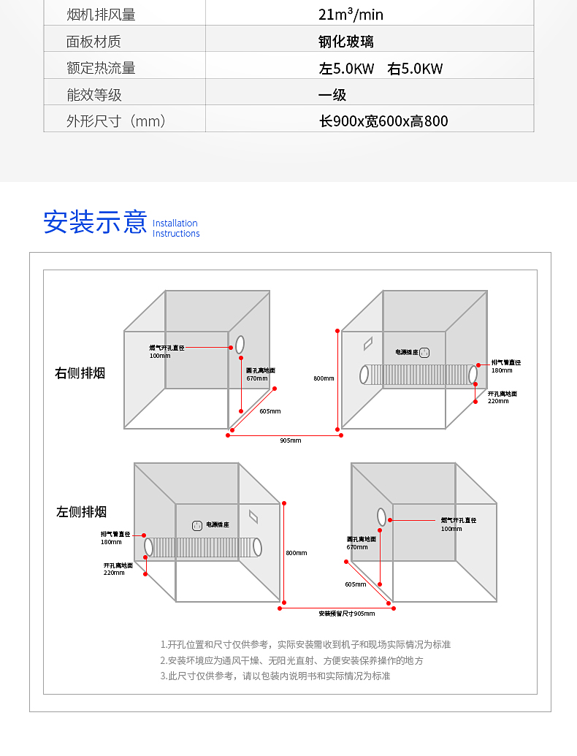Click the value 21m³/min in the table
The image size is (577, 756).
coord(351,15)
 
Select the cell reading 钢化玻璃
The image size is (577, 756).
coord(346,42)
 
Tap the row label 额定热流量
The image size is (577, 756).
coord(101,69)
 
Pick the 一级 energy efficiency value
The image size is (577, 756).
coord(332,95)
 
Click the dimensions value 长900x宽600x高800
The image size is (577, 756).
coord(383,121)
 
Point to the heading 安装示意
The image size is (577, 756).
coord(95,221)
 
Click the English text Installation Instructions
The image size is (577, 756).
coord(176,229)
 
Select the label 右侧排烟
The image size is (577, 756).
coord(80,373)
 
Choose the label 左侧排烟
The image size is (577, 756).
coord(82,511)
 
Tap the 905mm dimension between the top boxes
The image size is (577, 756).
coord(290,440)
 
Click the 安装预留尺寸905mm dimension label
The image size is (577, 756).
coord(346,614)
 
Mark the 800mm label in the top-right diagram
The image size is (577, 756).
coord(324,378)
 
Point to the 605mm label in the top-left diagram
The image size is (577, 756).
coord(270,411)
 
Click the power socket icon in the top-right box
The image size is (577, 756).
coord(424,352)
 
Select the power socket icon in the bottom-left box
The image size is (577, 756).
coord(196,524)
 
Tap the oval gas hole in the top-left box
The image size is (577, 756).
coord(240,345)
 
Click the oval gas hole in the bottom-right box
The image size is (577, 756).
coord(382,516)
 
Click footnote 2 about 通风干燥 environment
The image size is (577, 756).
coord(291,660)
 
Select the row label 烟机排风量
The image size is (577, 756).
coord(101,15)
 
